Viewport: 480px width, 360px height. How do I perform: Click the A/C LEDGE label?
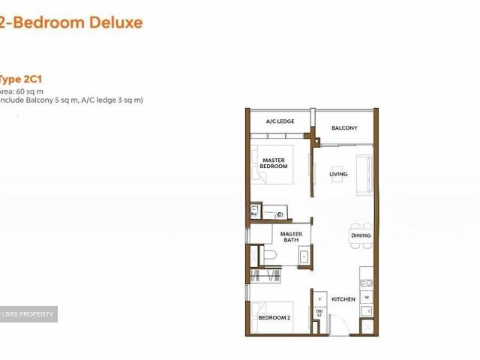click(x=280, y=121)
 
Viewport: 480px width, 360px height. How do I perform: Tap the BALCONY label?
click(x=344, y=128)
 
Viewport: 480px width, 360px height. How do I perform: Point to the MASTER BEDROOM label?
click(x=274, y=163)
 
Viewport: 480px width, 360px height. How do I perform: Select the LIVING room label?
click(x=339, y=175)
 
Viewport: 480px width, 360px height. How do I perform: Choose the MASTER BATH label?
click(x=291, y=237)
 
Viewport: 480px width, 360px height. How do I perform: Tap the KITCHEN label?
click(x=343, y=299)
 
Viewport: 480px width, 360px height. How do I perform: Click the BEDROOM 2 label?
click(x=273, y=318)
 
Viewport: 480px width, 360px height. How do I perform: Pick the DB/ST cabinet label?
click(x=319, y=313)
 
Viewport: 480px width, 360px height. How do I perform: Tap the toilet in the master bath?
click(x=270, y=256)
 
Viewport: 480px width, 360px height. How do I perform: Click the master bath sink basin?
click(x=304, y=256)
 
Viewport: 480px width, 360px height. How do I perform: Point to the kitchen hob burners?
click(x=367, y=283)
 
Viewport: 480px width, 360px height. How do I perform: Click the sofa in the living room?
click(x=364, y=175)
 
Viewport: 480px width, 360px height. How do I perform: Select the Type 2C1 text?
click(x=15, y=77)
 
